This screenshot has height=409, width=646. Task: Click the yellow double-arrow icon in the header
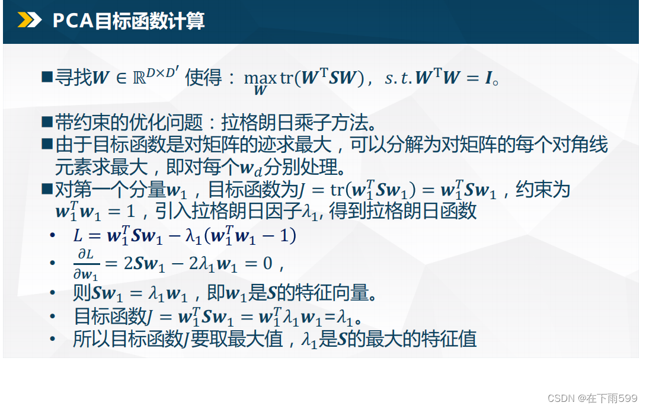click(x=30, y=20)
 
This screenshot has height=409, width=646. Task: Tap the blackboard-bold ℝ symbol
click(x=139, y=78)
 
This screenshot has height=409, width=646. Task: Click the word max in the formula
click(x=260, y=78)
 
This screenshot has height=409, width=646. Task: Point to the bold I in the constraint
click(x=488, y=78)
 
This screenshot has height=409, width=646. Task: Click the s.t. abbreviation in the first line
click(x=398, y=78)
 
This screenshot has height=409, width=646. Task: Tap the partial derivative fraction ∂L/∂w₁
click(x=86, y=264)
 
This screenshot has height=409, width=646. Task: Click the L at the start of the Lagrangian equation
click(x=78, y=235)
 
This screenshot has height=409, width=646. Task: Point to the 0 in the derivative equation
click(x=267, y=263)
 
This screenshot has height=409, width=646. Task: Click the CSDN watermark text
click(x=593, y=398)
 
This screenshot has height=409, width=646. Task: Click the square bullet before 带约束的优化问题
click(x=47, y=122)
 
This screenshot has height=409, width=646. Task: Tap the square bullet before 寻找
click(x=47, y=76)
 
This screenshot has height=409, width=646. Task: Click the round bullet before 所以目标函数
click(x=52, y=339)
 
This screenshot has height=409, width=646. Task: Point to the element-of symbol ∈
click(x=121, y=78)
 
